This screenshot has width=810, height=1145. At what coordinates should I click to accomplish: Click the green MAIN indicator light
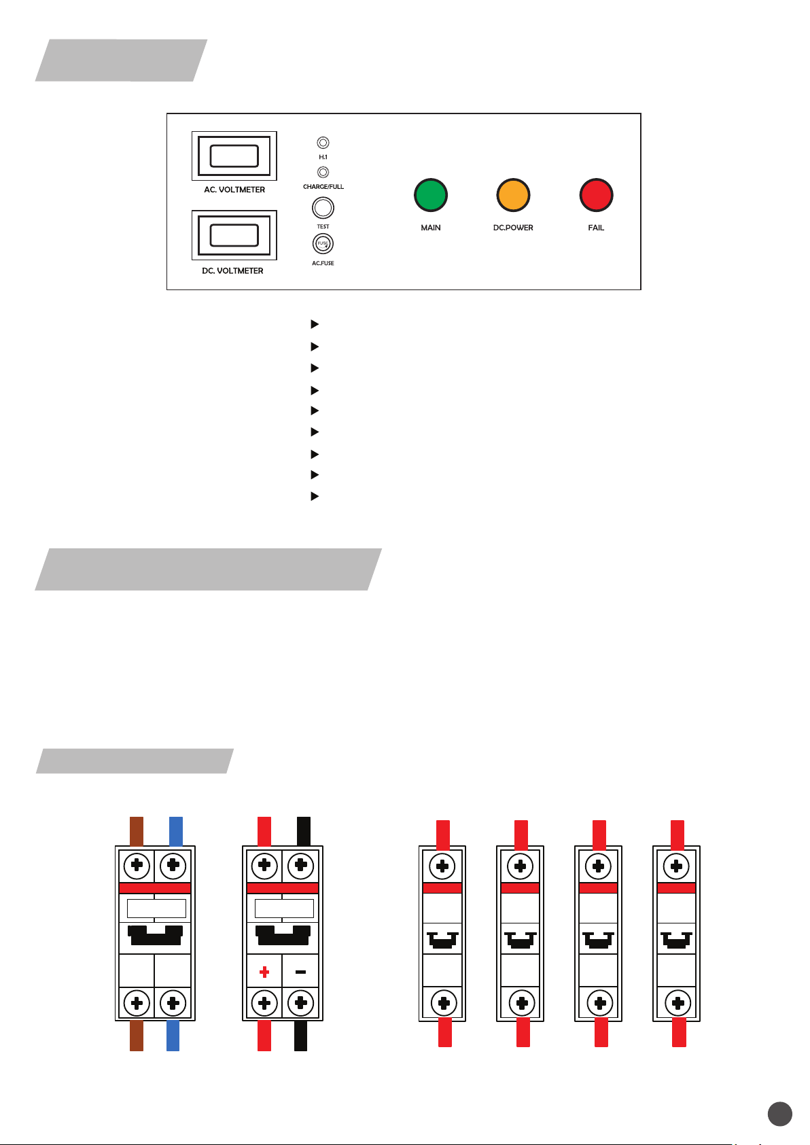tap(430, 195)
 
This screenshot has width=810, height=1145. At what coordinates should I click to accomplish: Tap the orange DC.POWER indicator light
tap(513, 195)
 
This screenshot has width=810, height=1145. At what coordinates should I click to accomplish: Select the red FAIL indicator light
tap(596, 195)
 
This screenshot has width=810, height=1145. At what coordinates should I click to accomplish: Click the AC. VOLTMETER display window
tap(234, 156)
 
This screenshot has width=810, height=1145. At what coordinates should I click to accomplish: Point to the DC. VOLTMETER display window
tap(234, 235)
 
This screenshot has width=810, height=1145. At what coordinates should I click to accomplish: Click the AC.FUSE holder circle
tap(323, 244)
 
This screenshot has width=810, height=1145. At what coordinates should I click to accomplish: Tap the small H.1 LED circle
tap(323, 143)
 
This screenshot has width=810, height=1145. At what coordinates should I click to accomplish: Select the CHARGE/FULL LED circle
tap(323, 173)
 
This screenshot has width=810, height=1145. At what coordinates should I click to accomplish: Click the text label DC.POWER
tap(513, 228)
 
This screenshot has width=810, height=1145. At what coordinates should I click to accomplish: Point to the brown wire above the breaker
tap(137, 831)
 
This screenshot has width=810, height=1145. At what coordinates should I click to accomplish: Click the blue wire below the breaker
tap(173, 1036)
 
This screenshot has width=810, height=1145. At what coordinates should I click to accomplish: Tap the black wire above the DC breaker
tap(304, 831)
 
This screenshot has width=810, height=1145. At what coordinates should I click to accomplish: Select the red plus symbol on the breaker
tap(264, 972)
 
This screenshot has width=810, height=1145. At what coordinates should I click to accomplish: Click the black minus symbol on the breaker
tap(300, 972)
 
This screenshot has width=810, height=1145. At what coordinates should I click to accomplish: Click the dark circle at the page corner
tap(780, 1114)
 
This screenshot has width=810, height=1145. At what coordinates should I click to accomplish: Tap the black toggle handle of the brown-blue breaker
tap(156, 936)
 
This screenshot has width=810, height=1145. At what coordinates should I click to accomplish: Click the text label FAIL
tap(596, 228)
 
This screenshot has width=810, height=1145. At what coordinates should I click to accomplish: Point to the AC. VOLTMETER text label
tap(234, 190)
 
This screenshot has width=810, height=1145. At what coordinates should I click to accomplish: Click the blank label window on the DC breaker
tap(284, 909)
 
